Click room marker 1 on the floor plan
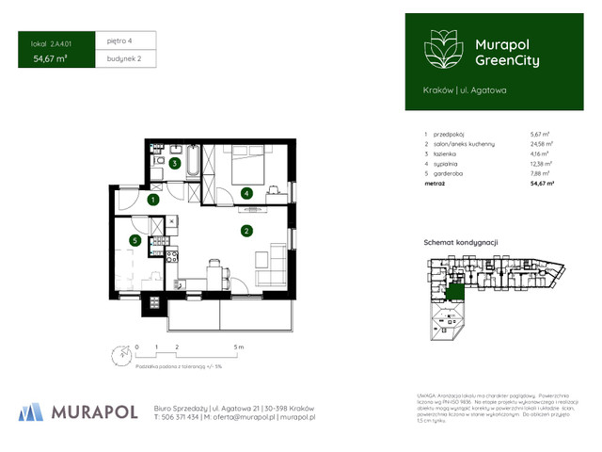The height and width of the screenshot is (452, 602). point(152,200)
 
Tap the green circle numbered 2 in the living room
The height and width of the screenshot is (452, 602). point(246,231)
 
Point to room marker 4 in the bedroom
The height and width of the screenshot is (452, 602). point(246,194)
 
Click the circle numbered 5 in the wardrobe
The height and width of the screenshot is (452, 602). point(136,241)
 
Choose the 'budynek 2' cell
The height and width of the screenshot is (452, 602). point(124,58)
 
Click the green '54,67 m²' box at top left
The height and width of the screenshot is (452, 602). point(51,58)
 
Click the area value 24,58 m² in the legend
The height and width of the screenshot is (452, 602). point(541,143)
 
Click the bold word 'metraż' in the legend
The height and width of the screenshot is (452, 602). point(435,184)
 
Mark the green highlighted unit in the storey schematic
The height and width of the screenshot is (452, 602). point(456,295)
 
